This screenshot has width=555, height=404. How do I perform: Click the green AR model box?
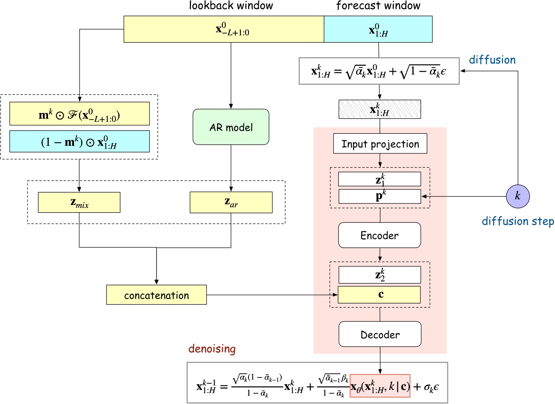[x=231, y=127]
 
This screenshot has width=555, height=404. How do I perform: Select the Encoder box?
[x=380, y=235]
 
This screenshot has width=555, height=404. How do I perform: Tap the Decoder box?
[x=380, y=334]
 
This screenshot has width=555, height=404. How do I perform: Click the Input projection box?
[x=380, y=144]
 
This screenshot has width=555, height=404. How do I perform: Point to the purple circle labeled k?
[x=518, y=196]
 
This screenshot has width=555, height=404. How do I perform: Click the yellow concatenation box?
[x=156, y=295]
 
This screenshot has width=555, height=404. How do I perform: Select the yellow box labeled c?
[x=379, y=295]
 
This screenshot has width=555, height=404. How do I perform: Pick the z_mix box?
[x=79, y=202]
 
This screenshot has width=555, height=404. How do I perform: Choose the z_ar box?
[x=231, y=202]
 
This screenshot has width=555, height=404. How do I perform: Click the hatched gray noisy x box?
[x=380, y=109]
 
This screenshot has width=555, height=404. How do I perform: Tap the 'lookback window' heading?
[x=231, y=6]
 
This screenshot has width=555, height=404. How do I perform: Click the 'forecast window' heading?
[x=378, y=6]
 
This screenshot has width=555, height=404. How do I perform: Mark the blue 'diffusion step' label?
[x=517, y=221]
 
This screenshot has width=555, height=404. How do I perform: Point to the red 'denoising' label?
[x=212, y=349]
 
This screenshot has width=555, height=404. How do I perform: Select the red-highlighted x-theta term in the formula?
[x=380, y=386]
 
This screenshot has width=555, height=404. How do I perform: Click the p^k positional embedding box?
[x=380, y=196]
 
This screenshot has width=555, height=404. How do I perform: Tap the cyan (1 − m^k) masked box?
[x=79, y=142]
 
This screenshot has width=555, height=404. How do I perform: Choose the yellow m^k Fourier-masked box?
[x=79, y=114]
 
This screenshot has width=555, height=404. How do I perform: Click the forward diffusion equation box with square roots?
[x=379, y=71]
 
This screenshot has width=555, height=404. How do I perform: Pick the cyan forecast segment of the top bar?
[x=378, y=29]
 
